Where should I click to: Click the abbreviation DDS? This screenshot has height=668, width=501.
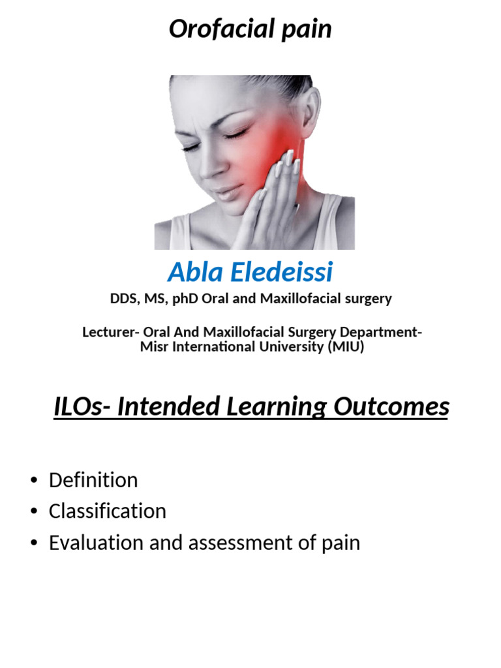(x=122, y=299)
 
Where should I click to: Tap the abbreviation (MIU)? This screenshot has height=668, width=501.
(x=344, y=347)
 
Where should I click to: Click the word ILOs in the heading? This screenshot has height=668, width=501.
(x=78, y=407)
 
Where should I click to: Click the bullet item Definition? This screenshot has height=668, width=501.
(x=93, y=481)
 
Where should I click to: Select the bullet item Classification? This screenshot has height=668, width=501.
(x=108, y=511)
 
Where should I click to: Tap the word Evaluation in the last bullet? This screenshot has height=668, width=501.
(x=95, y=543)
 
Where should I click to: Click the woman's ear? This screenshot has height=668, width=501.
(x=309, y=108)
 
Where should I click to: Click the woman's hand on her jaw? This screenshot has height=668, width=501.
(x=281, y=196)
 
